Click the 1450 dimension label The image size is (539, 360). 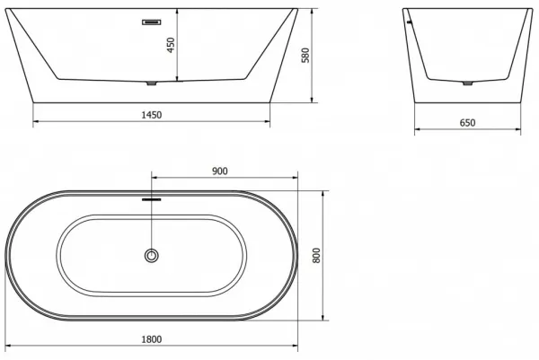(152, 115)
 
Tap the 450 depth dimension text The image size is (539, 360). (171, 45)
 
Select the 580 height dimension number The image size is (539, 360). (305, 56)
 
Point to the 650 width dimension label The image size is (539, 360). (467, 123)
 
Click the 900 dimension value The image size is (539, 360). (220, 171)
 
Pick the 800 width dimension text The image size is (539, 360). (316, 256)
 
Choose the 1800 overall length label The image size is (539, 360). (152, 339)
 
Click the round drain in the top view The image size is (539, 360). (151, 256)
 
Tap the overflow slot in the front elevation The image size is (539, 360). (152, 22)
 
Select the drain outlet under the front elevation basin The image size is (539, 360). (151, 83)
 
